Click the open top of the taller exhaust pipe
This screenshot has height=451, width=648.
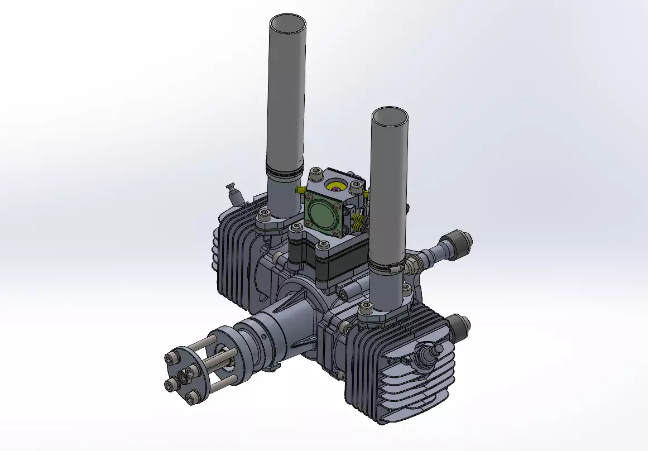(x=288, y=25)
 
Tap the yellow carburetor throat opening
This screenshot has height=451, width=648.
(x=336, y=186)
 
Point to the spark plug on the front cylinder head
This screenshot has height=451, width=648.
(x=429, y=353)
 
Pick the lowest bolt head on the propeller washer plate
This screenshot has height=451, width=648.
(x=193, y=397)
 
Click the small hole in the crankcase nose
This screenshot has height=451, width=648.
(x=262, y=337)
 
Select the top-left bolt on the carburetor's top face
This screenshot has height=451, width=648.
(x=315, y=174)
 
